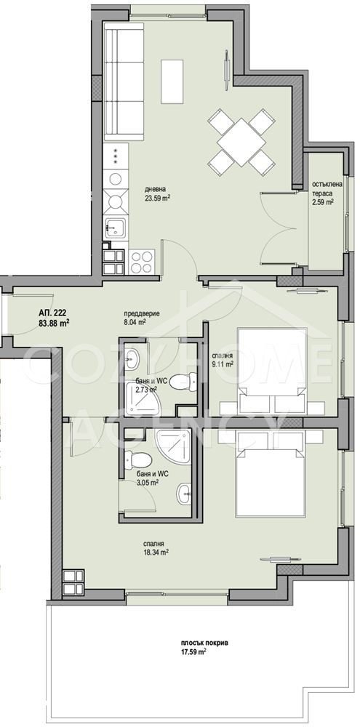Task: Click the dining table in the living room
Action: click(x=241, y=142)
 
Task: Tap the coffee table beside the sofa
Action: click(x=172, y=81)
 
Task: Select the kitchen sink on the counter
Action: click(x=116, y=227)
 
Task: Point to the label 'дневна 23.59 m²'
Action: click(x=157, y=193)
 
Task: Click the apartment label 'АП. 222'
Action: click(x=51, y=312)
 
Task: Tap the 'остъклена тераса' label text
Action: click(x=327, y=188)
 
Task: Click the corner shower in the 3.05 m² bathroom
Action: click(x=172, y=445)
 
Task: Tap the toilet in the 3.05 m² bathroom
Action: click(x=138, y=460)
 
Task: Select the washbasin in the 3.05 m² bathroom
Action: click(x=184, y=494)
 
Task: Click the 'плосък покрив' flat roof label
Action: click(x=198, y=643)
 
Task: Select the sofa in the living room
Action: click(x=124, y=82)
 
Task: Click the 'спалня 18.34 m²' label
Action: click(x=155, y=547)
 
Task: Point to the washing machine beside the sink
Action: click(x=115, y=178)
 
